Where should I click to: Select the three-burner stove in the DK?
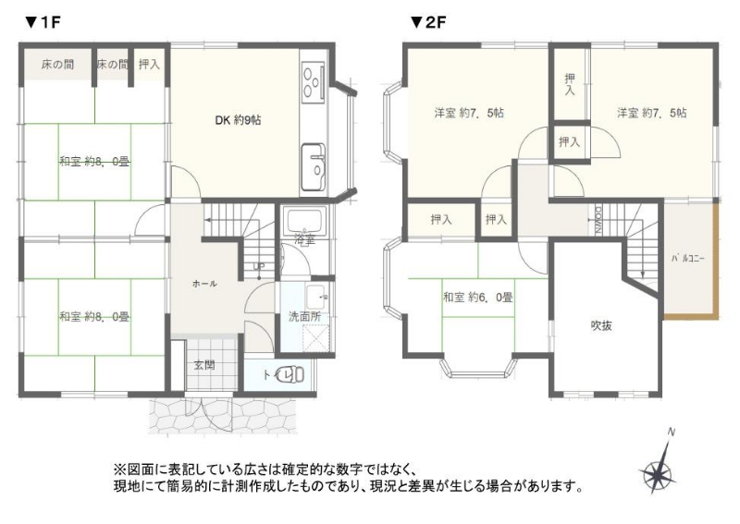[x=314, y=83]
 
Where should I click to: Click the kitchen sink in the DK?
[x=314, y=166]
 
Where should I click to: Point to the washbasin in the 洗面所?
[x=315, y=298]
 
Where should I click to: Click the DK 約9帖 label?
[x=238, y=120]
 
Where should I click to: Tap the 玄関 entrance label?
[x=204, y=365]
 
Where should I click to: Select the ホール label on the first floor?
[x=204, y=284]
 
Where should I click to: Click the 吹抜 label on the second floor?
[x=602, y=325]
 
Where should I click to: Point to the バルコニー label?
[x=688, y=259]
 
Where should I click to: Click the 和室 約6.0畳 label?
[x=477, y=298]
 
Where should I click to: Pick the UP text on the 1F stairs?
[x=259, y=266]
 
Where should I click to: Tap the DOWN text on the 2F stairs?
[x=598, y=220]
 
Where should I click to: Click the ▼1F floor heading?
[x=43, y=22]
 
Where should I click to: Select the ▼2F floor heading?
[x=428, y=22]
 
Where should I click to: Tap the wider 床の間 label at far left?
[x=57, y=65]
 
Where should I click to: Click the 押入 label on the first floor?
[x=149, y=65]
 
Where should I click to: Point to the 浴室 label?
[x=304, y=239]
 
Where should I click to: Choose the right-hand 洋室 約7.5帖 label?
[x=652, y=113]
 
